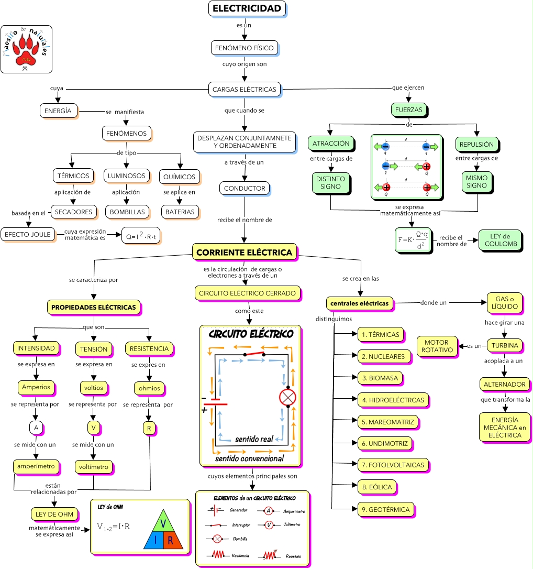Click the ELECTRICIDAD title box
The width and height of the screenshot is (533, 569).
(x=247, y=8)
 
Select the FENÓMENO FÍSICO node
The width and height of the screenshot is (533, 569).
(x=244, y=48)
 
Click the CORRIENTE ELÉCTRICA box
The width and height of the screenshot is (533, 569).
(x=245, y=252)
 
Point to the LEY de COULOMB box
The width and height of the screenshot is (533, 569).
(x=500, y=240)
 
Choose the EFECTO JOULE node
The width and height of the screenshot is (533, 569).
(x=28, y=234)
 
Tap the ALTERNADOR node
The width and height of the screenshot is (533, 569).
(x=505, y=384)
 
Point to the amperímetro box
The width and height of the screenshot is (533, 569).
(x=36, y=466)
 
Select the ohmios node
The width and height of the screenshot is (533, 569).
(x=150, y=388)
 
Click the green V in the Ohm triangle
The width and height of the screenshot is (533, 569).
(x=163, y=524)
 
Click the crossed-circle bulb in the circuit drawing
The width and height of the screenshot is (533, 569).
(x=288, y=397)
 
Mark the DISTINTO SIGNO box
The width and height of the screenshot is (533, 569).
(x=330, y=182)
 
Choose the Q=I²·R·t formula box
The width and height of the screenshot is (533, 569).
(x=140, y=236)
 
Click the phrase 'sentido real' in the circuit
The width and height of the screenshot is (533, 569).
(x=254, y=438)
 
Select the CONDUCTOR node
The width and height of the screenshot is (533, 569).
(x=244, y=188)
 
